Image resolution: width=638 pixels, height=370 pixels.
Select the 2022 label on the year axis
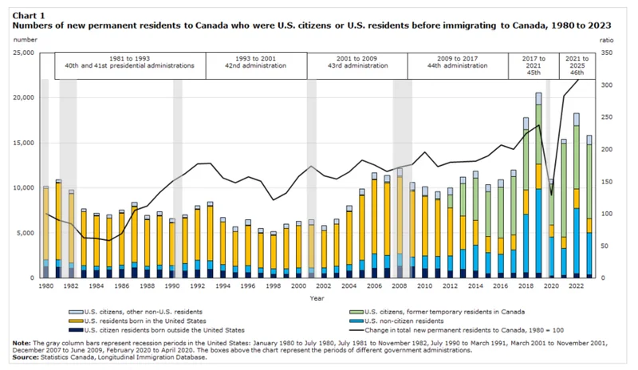pyautogui.click(x=573, y=285)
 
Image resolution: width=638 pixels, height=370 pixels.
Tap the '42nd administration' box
pyautogui.click(x=256, y=66)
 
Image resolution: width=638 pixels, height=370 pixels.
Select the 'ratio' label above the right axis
pyautogui.click(x=608, y=38)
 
